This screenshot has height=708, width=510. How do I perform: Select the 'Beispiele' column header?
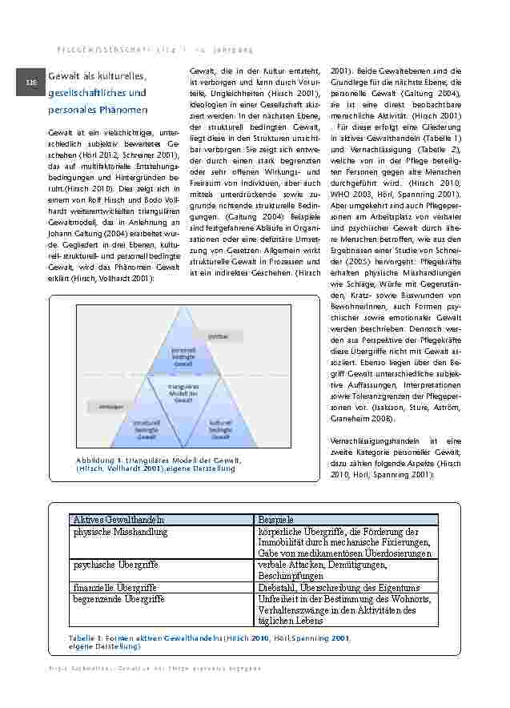pyautogui.click(x=276, y=520)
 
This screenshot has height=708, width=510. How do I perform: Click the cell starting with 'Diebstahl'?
pyautogui.click(x=339, y=587)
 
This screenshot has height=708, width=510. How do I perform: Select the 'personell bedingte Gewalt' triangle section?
pyautogui.click(x=183, y=355)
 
